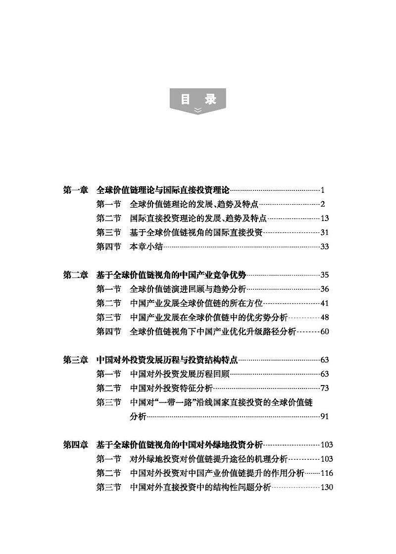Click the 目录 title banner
coord(198,99)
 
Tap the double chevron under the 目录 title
coord(198,111)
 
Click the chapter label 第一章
coord(76,190)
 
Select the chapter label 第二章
coord(76,275)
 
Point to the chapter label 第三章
coord(76,360)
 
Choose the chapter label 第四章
coord(76,445)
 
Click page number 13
coord(325,219)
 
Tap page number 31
coord(325,232)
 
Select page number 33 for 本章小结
coord(325,247)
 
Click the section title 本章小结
coord(146,247)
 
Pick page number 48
coord(325,318)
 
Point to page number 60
coord(325,332)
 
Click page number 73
coord(325,388)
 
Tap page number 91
coord(325,417)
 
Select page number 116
coord(327,473)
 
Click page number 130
coord(327,488)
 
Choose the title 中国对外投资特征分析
coord(171,388)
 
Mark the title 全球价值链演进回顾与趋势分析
coord(188,289)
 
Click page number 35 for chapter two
coord(325,275)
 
